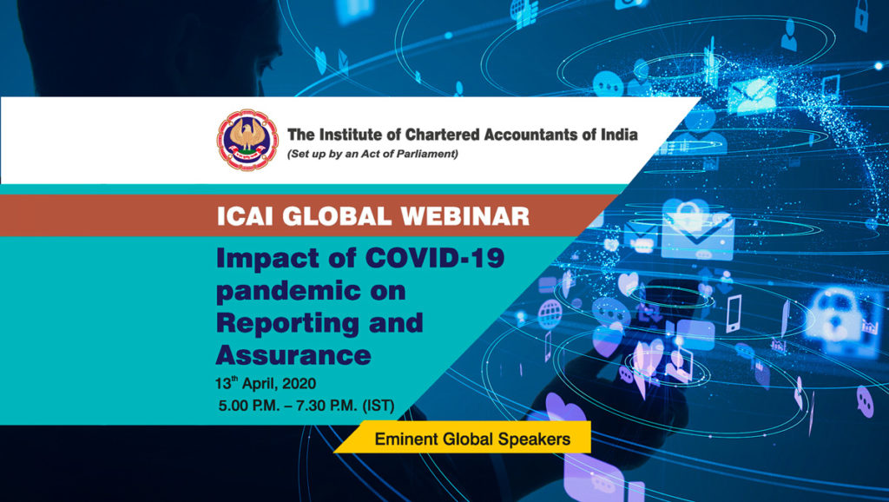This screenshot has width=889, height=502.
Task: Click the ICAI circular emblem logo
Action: tap(247, 140)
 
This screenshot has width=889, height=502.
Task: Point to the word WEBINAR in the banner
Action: tap(465, 216)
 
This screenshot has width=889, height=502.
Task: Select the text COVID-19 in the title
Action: tap(435, 258)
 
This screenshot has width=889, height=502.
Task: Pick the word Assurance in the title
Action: tap(293, 355)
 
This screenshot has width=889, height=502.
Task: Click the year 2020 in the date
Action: tap(299, 384)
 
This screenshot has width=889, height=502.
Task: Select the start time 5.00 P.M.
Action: tap(251, 406)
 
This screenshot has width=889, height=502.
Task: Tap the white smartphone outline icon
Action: tap(734, 314)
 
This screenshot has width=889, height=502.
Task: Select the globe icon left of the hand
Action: tap(550, 314)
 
